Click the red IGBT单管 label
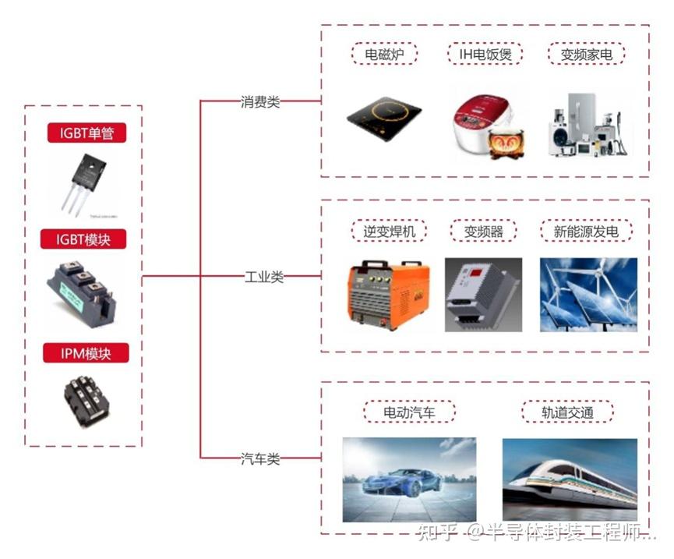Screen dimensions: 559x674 tap(86, 133)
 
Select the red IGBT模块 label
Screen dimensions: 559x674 tap(86, 239)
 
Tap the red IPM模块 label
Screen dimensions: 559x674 tap(86, 354)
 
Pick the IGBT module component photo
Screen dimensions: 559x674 tap(84, 293)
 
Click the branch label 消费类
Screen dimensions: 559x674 tap(260, 101)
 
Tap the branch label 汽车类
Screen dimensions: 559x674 tap(260, 458)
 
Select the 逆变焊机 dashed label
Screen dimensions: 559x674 tap(385, 232)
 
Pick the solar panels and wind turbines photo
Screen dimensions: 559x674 tap(588, 295)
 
